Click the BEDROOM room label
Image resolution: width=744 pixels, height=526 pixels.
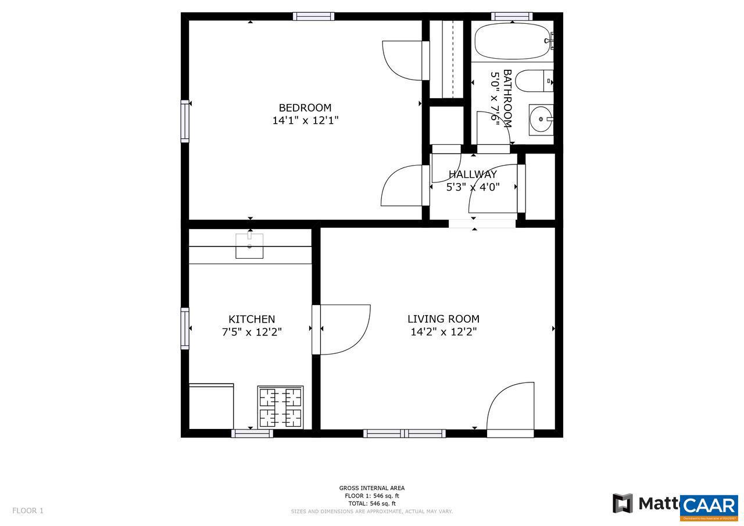(305, 108)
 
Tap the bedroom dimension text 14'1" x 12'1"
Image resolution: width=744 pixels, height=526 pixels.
(305, 121)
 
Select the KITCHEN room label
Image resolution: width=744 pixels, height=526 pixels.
(252, 319)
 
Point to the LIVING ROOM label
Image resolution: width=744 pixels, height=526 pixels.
(443, 319)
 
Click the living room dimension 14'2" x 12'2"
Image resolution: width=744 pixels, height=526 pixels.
(443, 332)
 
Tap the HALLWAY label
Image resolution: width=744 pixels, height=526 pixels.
(473, 174)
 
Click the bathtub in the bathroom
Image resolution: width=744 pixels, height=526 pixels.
(512, 41)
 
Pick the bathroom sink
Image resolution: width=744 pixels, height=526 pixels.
(541, 119)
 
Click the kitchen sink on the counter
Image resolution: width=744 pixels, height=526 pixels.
(249, 246)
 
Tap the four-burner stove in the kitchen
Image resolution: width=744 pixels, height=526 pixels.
(281, 407)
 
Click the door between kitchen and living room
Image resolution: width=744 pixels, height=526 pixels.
(343, 329)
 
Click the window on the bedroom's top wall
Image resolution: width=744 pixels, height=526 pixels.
(313, 16)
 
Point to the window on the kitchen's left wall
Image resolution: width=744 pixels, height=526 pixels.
(185, 328)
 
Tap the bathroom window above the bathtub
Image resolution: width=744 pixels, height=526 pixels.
(512, 16)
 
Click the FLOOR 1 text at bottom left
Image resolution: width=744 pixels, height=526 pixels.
(28, 511)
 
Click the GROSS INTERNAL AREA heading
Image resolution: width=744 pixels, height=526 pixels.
(372, 488)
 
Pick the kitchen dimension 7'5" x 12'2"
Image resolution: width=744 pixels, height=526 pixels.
(252, 332)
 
